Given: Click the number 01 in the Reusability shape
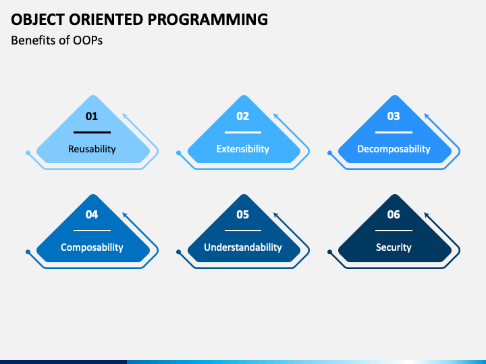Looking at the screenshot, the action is pyautogui.click(x=92, y=116).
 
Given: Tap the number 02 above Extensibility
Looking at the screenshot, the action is pyautogui.click(x=243, y=116).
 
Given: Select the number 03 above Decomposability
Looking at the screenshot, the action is pyautogui.click(x=394, y=116).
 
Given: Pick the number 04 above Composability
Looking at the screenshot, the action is pyautogui.click(x=92, y=214).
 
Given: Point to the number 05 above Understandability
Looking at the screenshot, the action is pyautogui.click(x=243, y=214).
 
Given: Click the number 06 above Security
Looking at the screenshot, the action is pyautogui.click(x=394, y=214).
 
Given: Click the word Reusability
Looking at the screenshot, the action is pyautogui.click(x=92, y=149).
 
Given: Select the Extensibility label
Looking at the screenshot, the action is pyautogui.click(x=243, y=149).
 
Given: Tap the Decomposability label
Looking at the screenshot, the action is pyautogui.click(x=394, y=149).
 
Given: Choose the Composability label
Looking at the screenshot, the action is pyautogui.click(x=92, y=247).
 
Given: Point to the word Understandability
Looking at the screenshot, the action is pyautogui.click(x=243, y=247).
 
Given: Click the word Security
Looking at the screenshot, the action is pyautogui.click(x=394, y=247).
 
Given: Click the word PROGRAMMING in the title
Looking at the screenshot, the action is pyautogui.click(x=208, y=19).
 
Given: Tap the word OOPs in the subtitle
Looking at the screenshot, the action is pyautogui.click(x=88, y=40).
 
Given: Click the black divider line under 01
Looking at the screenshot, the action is pyautogui.click(x=92, y=133).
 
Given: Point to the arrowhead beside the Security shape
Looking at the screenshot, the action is pyautogui.click(x=427, y=215).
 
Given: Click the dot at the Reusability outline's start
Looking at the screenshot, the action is pyautogui.click(x=28, y=153).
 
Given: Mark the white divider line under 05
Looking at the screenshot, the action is pyautogui.click(x=243, y=231).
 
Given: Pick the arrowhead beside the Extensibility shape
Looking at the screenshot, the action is pyautogui.click(x=276, y=116).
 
